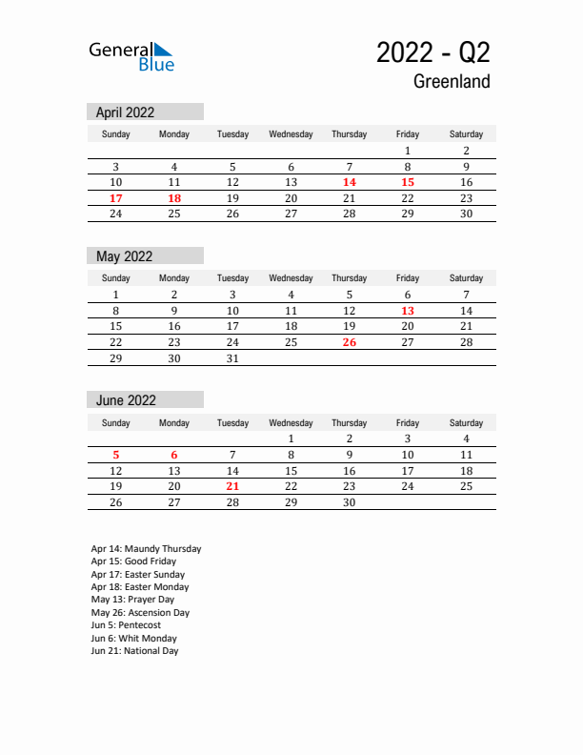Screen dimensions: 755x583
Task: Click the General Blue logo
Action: pos(131,56)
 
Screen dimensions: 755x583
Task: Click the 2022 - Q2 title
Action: pos(433,52)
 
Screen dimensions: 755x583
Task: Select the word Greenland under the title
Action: pos(452,82)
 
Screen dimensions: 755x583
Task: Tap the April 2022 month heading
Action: pos(125,112)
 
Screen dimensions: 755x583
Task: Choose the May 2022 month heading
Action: pos(124,256)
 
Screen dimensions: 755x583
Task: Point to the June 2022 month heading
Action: pos(126,400)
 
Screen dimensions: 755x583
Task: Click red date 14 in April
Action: pos(350,182)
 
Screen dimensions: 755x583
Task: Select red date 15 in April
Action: pos(408,182)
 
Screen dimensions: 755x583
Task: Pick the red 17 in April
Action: pos(116,198)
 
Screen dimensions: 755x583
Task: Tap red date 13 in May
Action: pos(408,311)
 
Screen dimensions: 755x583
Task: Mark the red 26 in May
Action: pos(350,342)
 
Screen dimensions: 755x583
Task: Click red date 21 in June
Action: pos(232,486)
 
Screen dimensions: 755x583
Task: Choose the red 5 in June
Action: pos(116,455)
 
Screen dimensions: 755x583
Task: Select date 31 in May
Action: pos(232,358)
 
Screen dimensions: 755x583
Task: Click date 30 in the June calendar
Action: pos(350,502)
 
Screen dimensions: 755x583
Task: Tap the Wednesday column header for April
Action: pos(291,134)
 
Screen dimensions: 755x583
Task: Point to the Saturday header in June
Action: pos(466,422)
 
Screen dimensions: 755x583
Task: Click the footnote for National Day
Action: pos(134,651)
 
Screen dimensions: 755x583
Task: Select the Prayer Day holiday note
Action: pos(132,600)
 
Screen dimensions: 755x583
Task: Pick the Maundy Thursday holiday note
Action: pos(146,549)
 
